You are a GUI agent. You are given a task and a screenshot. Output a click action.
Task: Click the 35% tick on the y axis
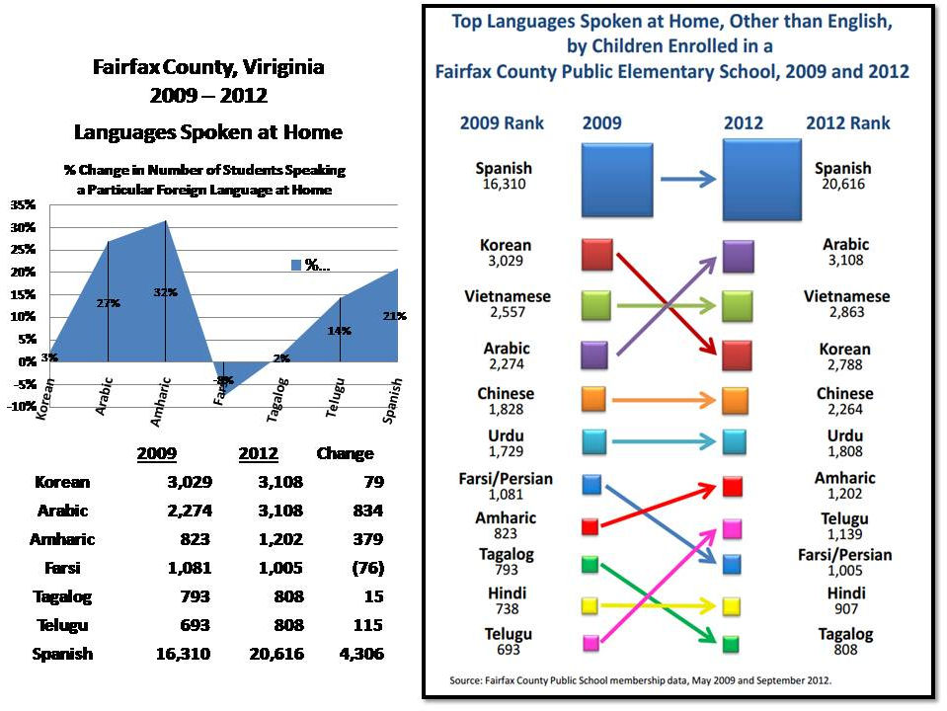[22, 205]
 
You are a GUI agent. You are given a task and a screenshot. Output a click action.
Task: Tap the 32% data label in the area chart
[165, 292]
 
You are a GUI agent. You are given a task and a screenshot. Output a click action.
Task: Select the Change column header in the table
[345, 454]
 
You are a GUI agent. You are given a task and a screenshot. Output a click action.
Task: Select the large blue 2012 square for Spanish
[763, 179]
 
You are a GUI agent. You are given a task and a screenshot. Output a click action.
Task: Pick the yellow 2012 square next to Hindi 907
[732, 605]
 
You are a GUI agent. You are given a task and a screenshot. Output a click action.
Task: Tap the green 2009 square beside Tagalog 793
[591, 565]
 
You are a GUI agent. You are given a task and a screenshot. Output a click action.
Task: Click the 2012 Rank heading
[847, 123]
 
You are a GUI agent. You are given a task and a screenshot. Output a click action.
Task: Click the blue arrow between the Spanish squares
[687, 179]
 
